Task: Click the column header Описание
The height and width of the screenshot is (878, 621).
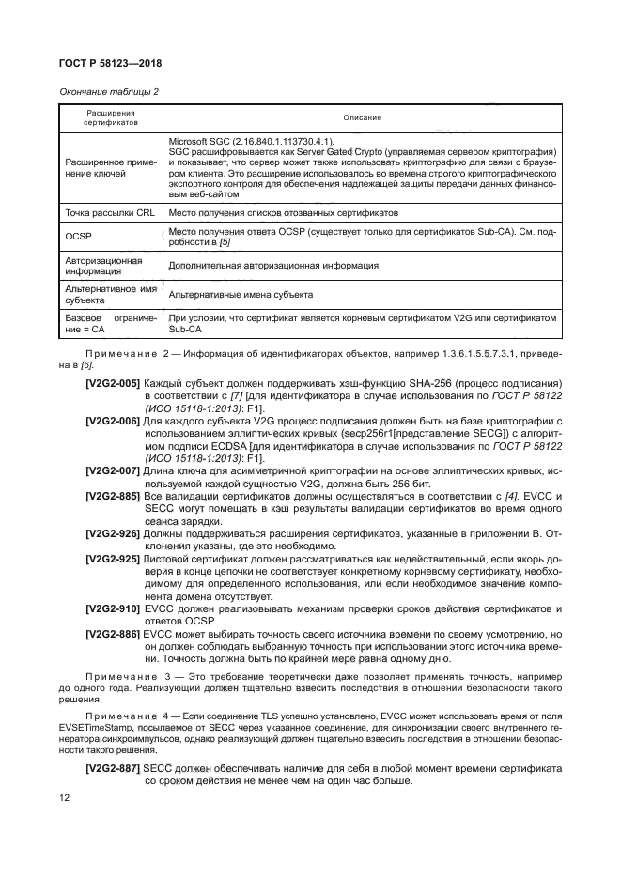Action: tap(361, 117)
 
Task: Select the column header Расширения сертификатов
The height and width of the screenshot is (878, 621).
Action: tap(110, 117)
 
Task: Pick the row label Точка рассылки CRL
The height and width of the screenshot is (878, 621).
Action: tap(109, 214)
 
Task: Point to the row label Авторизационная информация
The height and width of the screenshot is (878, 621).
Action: tap(103, 266)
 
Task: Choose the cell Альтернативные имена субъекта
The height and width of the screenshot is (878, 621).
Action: tap(241, 295)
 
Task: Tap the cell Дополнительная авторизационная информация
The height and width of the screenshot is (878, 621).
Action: tap(273, 266)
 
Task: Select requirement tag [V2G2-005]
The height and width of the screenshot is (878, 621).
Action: tap(113, 384)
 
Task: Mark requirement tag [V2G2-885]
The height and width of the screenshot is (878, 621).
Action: tap(113, 495)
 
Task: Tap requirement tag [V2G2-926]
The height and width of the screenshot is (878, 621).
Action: tap(113, 533)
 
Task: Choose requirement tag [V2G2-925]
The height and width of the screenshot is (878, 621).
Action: tap(113, 559)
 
